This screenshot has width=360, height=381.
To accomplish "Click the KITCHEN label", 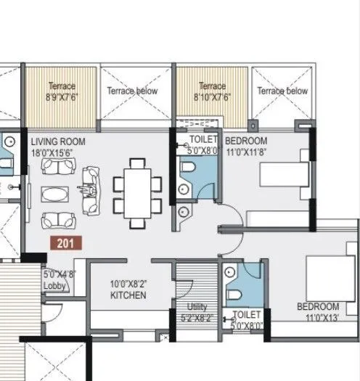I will pyautogui.click(x=128, y=296).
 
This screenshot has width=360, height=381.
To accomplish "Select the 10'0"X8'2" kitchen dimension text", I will pyautogui.click(x=128, y=285).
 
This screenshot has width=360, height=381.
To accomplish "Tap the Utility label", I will pyautogui.click(x=197, y=307).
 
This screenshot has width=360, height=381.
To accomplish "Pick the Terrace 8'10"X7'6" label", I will pyautogui.click(x=212, y=91).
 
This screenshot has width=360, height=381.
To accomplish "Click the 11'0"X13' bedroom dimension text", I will pyautogui.click(x=316, y=317).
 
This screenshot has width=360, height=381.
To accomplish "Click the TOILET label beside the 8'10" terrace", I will pyautogui.click(x=202, y=140).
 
